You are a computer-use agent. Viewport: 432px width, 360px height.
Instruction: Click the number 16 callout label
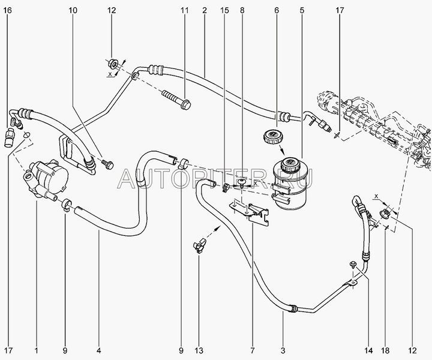pos(8,10)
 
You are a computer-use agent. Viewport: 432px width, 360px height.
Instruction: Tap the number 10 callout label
pos(73,10)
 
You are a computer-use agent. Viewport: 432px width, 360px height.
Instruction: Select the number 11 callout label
pos(185,10)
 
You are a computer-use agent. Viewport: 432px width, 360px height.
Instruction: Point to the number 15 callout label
pos(224,10)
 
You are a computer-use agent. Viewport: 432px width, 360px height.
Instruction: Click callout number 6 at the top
pos(277,10)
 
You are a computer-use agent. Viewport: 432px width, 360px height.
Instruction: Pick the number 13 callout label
pos(199,350)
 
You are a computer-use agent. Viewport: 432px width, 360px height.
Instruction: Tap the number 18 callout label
pos(385,350)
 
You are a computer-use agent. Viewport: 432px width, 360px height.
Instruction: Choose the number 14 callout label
pos(368,350)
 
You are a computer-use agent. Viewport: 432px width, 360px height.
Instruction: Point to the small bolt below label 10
pos(107,164)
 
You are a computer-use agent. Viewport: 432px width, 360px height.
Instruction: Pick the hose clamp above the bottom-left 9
pos(67,205)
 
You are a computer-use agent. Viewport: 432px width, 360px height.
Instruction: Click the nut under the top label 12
pos(113,64)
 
